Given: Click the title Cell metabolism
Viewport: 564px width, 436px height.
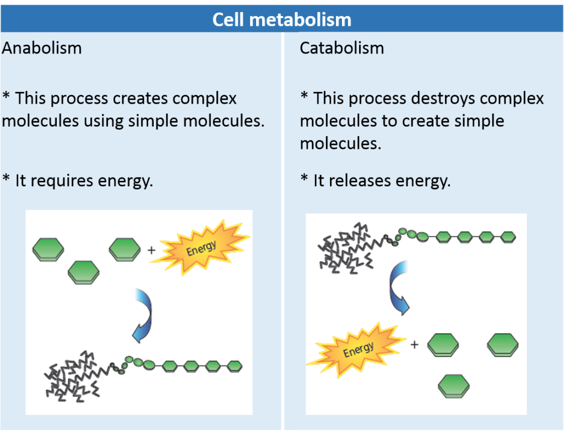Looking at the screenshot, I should (x=281, y=20).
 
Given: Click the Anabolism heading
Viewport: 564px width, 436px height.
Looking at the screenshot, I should (x=42, y=49).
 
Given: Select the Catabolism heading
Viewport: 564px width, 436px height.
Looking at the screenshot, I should (x=341, y=49).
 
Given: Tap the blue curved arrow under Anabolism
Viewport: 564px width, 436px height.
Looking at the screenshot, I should (x=144, y=317).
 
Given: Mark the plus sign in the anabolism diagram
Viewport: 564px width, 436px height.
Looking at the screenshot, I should (x=151, y=250).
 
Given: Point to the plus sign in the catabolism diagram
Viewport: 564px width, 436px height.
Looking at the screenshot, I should (x=415, y=345).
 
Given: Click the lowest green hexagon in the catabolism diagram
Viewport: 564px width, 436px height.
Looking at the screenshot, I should (x=454, y=386).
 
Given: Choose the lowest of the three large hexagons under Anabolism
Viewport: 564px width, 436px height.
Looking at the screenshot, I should (x=84, y=272).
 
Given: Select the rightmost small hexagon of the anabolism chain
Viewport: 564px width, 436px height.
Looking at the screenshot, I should (x=235, y=365).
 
